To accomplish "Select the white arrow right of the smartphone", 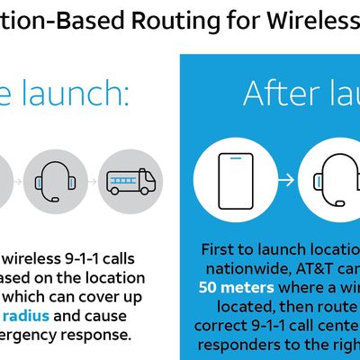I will coord(286,178).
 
